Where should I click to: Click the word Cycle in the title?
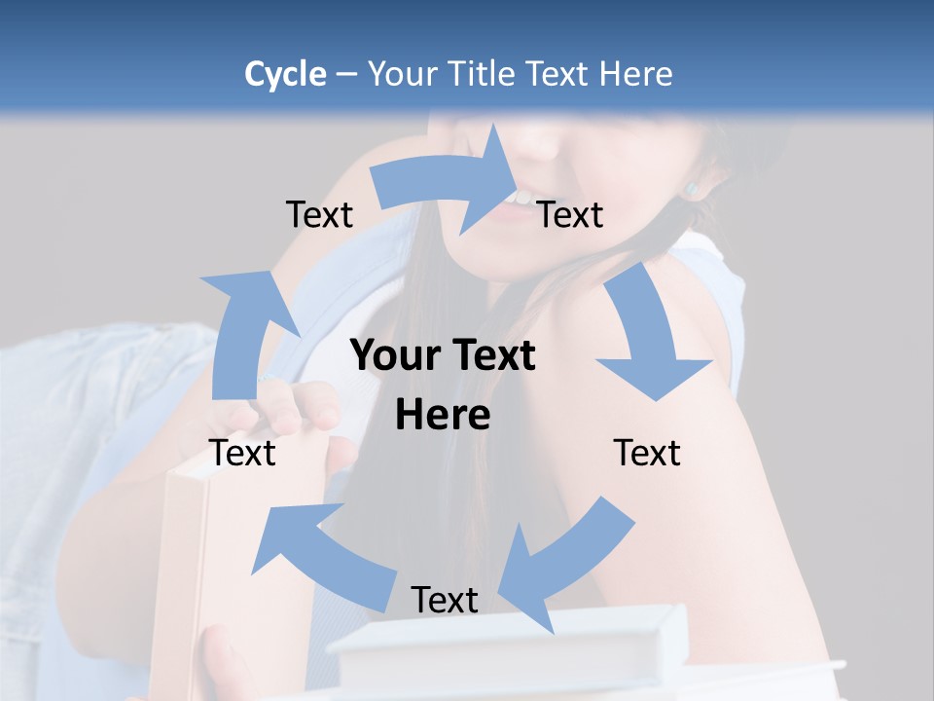pyautogui.click(x=285, y=74)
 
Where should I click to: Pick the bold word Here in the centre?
pyautogui.click(x=443, y=416)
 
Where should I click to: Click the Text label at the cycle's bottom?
pyautogui.click(x=445, y=600)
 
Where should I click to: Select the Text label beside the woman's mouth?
pyautogui.click(x=570, y=214)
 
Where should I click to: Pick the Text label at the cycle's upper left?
pyautogui.click(x=319, y=214)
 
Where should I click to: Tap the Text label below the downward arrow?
pyautogui.click(x=647, y=453)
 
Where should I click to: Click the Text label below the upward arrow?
pyautogui.click(x=242, y=453)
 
